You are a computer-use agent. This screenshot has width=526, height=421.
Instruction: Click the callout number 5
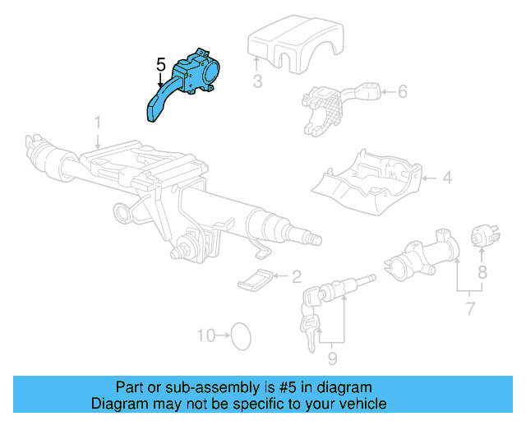coord(160,63)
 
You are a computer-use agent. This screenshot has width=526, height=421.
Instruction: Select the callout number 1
coord(97,123)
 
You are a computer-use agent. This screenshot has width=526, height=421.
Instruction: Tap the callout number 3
coord(257,81)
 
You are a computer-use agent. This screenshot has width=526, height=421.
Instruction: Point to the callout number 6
coord(402,91)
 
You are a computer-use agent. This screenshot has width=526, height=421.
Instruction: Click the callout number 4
coord(447,177)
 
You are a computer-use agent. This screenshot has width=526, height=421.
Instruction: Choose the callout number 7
coord(469,308)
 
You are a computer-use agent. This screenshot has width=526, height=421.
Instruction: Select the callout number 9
coord(332,359)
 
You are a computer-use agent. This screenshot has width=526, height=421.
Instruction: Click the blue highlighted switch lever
coord(182,86)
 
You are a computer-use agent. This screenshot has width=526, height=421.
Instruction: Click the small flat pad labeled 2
coord(256,280)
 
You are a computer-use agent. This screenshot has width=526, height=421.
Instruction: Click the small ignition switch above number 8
coord(481,235)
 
